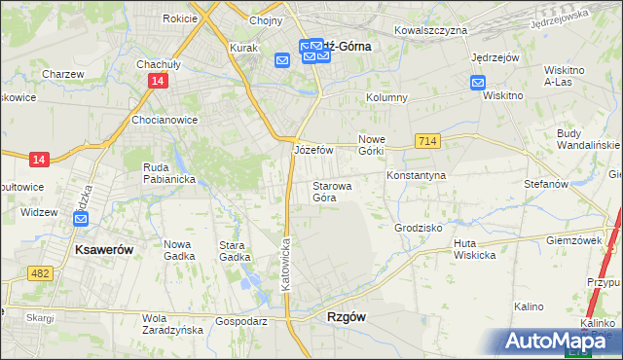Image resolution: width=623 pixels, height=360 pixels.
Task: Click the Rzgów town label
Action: click(347, 317)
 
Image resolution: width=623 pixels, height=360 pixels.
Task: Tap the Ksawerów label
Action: click(104, 249)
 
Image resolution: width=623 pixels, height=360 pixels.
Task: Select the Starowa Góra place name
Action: click(332, 191)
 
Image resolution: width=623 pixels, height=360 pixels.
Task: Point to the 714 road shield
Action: click(427, 141)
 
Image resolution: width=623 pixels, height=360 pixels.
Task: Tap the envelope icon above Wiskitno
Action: click(478, 83)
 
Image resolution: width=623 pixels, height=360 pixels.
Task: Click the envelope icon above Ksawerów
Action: click(78, 221)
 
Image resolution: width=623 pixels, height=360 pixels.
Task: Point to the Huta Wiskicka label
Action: click(475, 249)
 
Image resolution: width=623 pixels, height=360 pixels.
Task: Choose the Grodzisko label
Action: click(419, 227)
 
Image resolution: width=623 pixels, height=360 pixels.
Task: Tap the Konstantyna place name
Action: click(416, 175)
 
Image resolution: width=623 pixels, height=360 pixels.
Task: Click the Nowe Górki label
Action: click(372, 145)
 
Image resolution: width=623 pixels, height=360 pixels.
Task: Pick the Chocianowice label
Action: click(165, 121)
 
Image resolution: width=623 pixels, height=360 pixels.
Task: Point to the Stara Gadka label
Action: click(238, 251)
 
